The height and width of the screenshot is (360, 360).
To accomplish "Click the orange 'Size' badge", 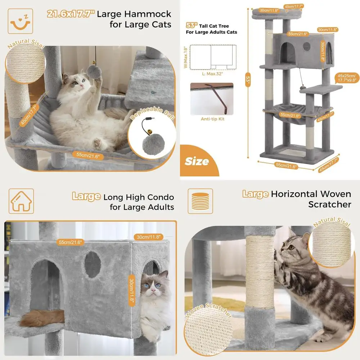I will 197,161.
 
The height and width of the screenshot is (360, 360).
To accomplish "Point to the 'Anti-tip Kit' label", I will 212,118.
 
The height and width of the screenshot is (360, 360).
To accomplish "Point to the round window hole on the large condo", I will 93,265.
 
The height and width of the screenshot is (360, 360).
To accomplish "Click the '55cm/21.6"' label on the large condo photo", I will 70,242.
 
